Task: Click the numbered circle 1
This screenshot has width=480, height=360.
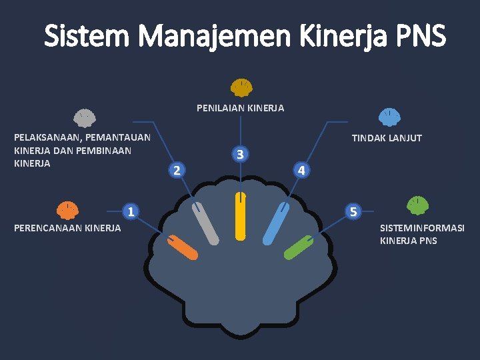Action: [132, 212]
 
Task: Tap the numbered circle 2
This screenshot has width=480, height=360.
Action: [175, 169]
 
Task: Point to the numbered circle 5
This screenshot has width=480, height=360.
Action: [354, 212]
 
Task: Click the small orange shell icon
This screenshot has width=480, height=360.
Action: [67, 210]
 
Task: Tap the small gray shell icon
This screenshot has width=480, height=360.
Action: [84, 118]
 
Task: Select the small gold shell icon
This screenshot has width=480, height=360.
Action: [241, 87]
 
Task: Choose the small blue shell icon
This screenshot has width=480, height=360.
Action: [389, 117]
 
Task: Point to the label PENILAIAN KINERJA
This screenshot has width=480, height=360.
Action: [240, 108]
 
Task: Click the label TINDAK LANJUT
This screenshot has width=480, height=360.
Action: [387, 138]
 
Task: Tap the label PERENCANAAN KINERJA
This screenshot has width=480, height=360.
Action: [67, 228]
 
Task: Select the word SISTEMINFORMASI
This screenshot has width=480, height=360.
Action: [422, 228]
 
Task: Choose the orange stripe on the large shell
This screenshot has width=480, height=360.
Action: [182, 247]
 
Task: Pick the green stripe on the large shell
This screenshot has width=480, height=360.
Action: [299, 247]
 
